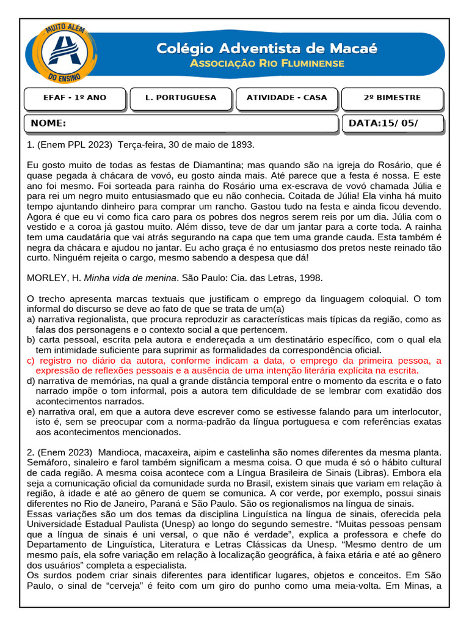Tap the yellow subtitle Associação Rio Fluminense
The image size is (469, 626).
tap(267, 64)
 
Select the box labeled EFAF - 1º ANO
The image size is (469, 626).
tap(75, 98)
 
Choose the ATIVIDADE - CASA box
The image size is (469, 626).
tap(286, 98)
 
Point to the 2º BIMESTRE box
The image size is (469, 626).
tap(392, 98)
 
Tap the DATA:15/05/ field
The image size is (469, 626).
tap(384, 123)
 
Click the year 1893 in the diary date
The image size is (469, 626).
tap(241, 145)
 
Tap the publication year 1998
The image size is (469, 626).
tap(310, 278)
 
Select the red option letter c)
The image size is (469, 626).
tap(31, 361)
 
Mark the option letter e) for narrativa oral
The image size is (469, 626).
tap(31, 412)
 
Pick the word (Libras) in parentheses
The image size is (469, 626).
tap(375, 473)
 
